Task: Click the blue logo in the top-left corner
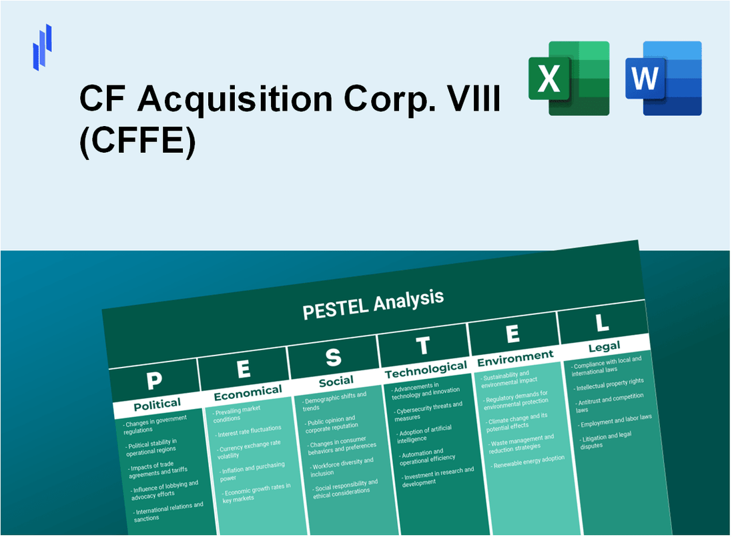(42, 47)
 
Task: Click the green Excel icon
(569, 78)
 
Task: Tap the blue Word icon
(663, 78)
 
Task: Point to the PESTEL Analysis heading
(373, 304)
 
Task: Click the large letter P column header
(154, 380)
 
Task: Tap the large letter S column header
(333, 358)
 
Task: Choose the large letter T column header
(423, 346)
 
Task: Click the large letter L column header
(602, 324)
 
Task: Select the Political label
(157, 404)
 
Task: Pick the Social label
(336, 380)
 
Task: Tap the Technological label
(426, 369)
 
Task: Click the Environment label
(514, 357)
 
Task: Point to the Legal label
(604, 346)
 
